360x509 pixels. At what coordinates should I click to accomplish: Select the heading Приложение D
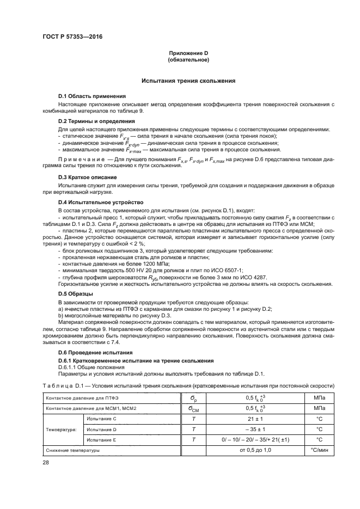[x=189, y=53]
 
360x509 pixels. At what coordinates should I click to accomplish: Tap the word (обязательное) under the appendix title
[x=189, y=59]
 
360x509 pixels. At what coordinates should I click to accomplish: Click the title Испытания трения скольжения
[x=188, y=81]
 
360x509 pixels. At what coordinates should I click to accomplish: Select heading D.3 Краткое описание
[x=84, y=177]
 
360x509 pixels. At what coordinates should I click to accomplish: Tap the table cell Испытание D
[x=101, y=429]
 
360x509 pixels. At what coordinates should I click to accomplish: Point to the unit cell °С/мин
[x=319, y=451]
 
